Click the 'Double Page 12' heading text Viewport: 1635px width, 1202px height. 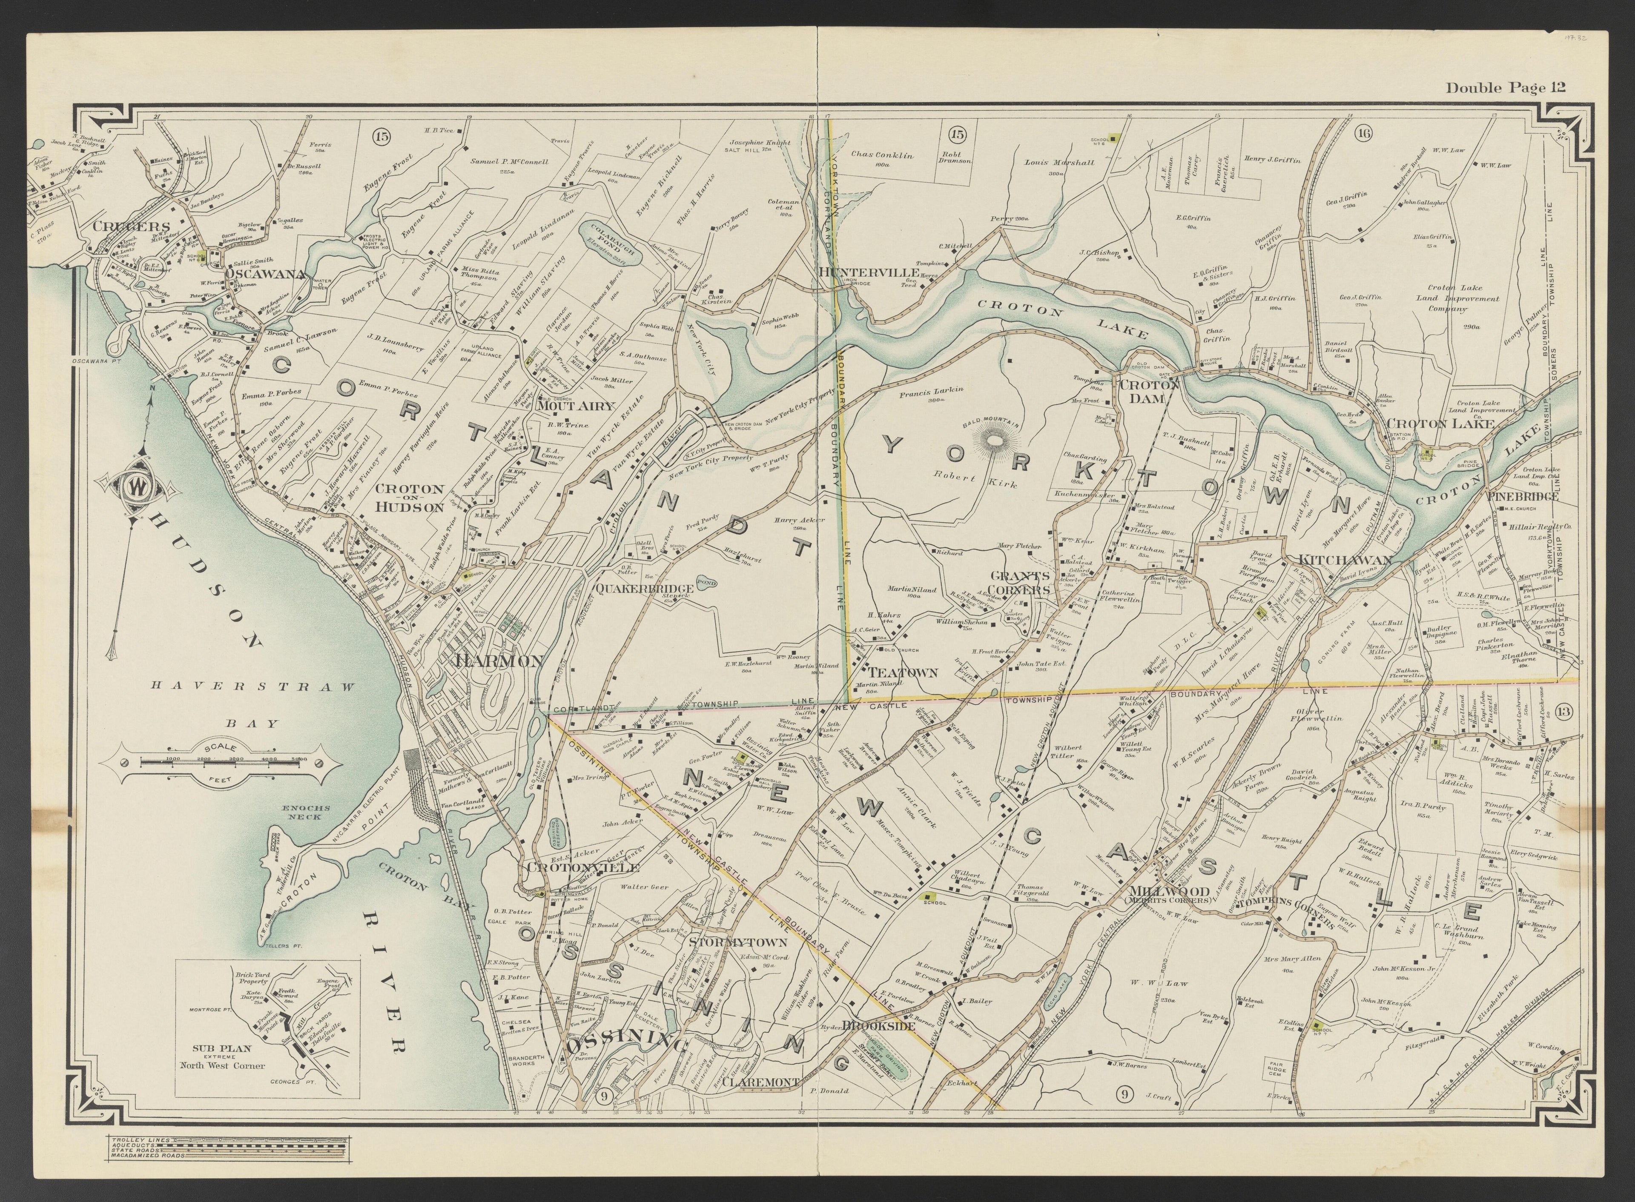coord(1505,88)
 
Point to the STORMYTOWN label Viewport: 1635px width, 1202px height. coord(738,943)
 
